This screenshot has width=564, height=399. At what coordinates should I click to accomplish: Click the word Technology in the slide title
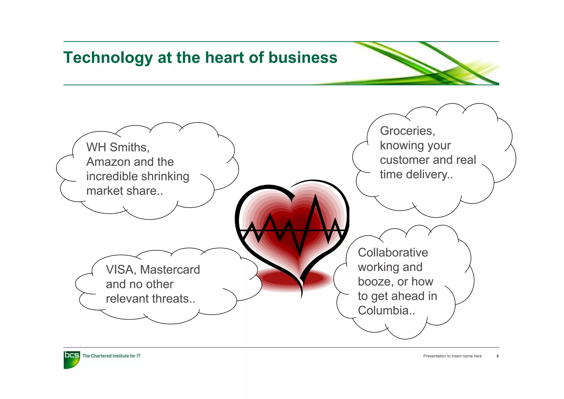point(108,58)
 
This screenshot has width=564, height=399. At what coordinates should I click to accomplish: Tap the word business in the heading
point(303,58)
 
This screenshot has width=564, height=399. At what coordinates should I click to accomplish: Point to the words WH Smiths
point(118,147)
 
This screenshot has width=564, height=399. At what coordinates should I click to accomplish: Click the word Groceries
point(407,131)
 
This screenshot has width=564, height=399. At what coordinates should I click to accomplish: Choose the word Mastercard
point(170,270)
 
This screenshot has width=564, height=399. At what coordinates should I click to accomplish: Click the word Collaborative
point(393,253)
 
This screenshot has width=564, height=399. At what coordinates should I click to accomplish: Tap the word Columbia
point(386,311)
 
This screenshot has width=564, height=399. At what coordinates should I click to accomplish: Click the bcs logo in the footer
point(72,359)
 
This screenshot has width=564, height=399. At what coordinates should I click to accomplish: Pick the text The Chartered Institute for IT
point(111,356)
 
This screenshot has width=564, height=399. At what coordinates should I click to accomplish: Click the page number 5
point(497,356)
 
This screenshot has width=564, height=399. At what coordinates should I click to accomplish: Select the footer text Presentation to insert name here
point(452,356)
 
